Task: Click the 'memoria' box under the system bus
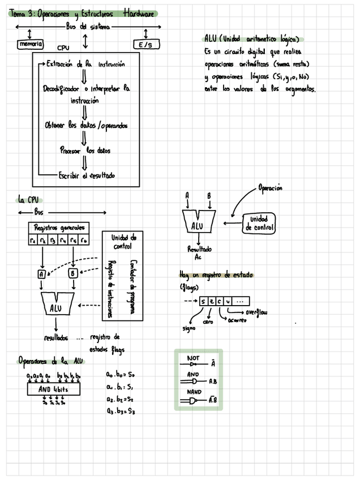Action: point(30,44)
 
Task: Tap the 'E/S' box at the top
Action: point(145,45)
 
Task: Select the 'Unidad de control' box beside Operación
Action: point(259,223)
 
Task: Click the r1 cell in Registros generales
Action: point(33,241)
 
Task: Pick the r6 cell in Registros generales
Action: point(84,241)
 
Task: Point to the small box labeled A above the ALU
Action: point(41,274)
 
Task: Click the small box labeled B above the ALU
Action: point(73,274)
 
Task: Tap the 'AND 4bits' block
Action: point(53,389)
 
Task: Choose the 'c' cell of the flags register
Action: point(218,301)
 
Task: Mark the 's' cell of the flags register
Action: point(203,301)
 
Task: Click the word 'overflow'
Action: point(256,312)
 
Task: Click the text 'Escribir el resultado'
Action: point(87,176)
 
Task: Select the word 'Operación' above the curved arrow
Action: point(270,188)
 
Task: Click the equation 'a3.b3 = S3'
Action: point(120,412)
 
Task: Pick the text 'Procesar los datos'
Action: point(85,151)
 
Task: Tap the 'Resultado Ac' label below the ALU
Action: point(199,252)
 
